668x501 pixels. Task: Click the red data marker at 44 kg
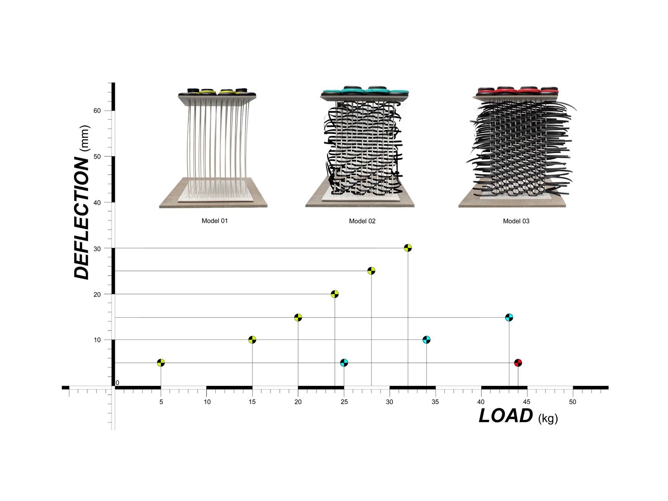pos(518,363)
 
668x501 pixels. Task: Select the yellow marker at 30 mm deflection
pos(408,248)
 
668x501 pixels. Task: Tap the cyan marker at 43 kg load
pos(509,317)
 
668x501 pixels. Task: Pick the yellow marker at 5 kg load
pos(161,363)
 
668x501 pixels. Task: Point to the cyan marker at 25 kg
pos(344,363)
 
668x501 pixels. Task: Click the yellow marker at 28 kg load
pos(371,271)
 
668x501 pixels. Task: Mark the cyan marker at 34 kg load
pos(426,340)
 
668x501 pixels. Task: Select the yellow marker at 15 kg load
pos(252,340)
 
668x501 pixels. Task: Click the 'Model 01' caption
pos(215,221)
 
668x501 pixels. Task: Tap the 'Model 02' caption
pos(362,221)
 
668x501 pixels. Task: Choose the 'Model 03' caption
pos(516,221)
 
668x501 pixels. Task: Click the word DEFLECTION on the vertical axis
pos(82,217)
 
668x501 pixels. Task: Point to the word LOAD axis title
pos(506,416)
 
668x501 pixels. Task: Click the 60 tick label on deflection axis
pos(97,111)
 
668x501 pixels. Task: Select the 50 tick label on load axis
pos(572,402)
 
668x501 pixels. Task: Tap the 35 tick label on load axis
pos(435,402)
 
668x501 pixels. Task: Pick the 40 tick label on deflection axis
pos(97,202)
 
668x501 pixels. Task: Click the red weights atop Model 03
pos(518,91)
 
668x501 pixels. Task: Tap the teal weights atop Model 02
pos(365,90)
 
